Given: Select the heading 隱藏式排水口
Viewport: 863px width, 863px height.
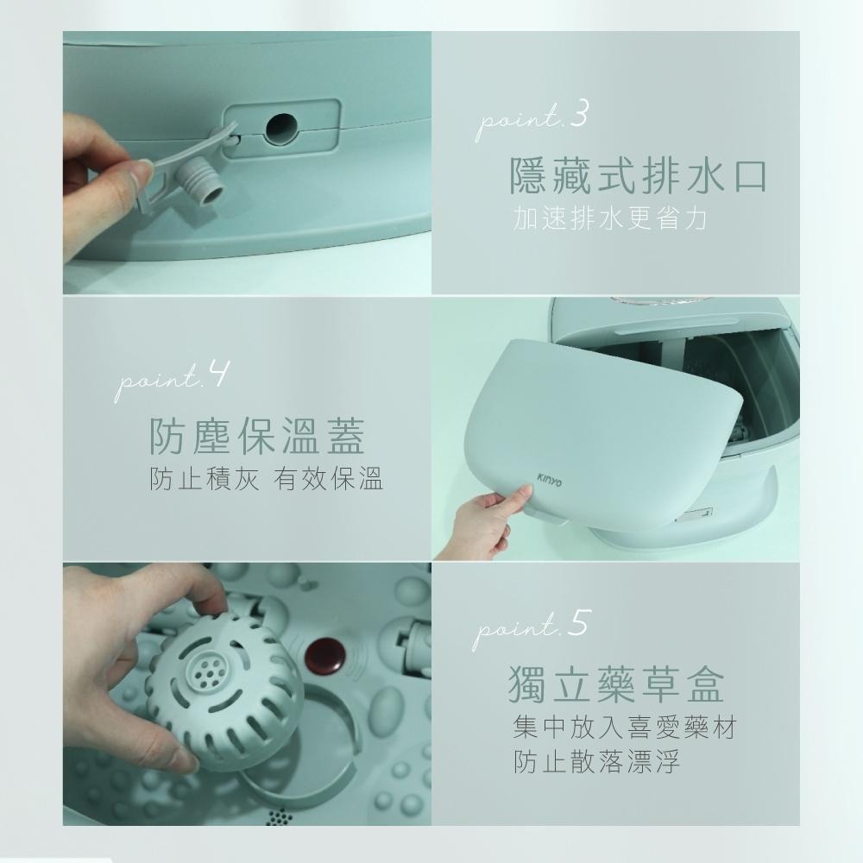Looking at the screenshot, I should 638,176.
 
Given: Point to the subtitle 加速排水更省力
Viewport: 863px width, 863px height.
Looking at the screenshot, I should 609,219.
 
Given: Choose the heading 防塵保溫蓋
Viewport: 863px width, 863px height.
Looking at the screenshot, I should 256,436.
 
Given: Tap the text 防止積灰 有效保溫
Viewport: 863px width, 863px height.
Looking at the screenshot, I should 266,479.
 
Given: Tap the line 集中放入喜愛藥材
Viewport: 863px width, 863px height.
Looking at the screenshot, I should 623,728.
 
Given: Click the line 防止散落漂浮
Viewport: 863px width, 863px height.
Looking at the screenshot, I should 595,763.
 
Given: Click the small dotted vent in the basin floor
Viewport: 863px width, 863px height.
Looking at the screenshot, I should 278,816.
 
